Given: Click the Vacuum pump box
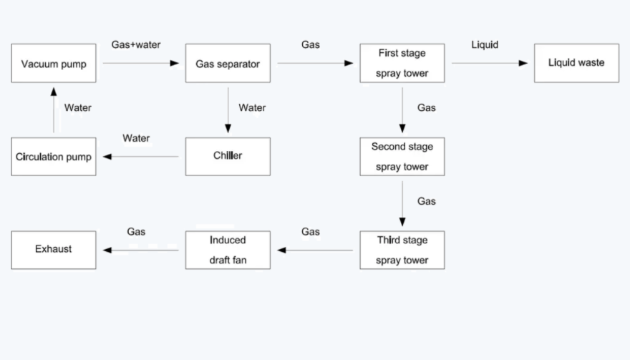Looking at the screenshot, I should (54, 64).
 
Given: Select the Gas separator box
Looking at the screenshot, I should (228, 64).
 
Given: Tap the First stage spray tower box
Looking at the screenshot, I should (402, 64).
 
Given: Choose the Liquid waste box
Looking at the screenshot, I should (576, 63).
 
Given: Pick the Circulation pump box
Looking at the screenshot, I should (54, 157).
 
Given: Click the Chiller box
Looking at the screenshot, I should (228, 156).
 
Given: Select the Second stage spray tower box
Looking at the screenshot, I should (402, 157).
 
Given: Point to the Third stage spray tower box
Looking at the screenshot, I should (402, 250).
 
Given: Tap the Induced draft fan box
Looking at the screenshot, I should (228, 250).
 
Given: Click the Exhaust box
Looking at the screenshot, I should (54, 250).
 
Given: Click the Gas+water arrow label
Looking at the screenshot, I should (136, 44).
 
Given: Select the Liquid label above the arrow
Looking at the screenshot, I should (485, 44).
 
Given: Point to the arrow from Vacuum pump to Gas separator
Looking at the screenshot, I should (141, 63).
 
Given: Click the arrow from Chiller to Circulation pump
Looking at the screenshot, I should (141, 157).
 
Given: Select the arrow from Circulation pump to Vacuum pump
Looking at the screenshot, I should (54, 110).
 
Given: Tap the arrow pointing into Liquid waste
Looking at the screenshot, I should (490, 63).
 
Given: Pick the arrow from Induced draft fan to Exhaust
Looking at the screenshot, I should (141, 250).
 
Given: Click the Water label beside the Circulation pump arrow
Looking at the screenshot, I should (77, 108).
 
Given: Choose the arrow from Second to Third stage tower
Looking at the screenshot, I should (402, 203).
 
